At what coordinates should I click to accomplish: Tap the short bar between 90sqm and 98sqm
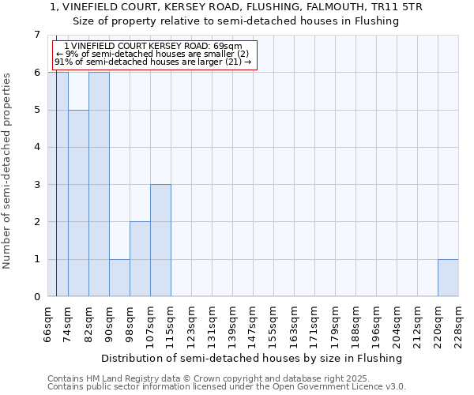[119, 277]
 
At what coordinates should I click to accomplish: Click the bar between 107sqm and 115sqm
[160, 240]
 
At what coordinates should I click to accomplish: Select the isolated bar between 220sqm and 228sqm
[448, 277]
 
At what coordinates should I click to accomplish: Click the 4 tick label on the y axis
[36, 147]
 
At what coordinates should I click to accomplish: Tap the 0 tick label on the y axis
[36, 297]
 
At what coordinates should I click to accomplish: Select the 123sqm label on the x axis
[191, 324]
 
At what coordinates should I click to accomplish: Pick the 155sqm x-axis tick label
[273, 324]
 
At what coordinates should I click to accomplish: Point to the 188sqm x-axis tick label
[355, 324]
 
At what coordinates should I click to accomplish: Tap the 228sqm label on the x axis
[458, 324]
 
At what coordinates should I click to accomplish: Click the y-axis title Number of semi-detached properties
[8, 171]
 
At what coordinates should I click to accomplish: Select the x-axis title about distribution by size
[252, 358]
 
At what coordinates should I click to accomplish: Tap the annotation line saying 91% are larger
[152, 62]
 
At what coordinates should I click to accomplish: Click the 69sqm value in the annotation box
[229, 46]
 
